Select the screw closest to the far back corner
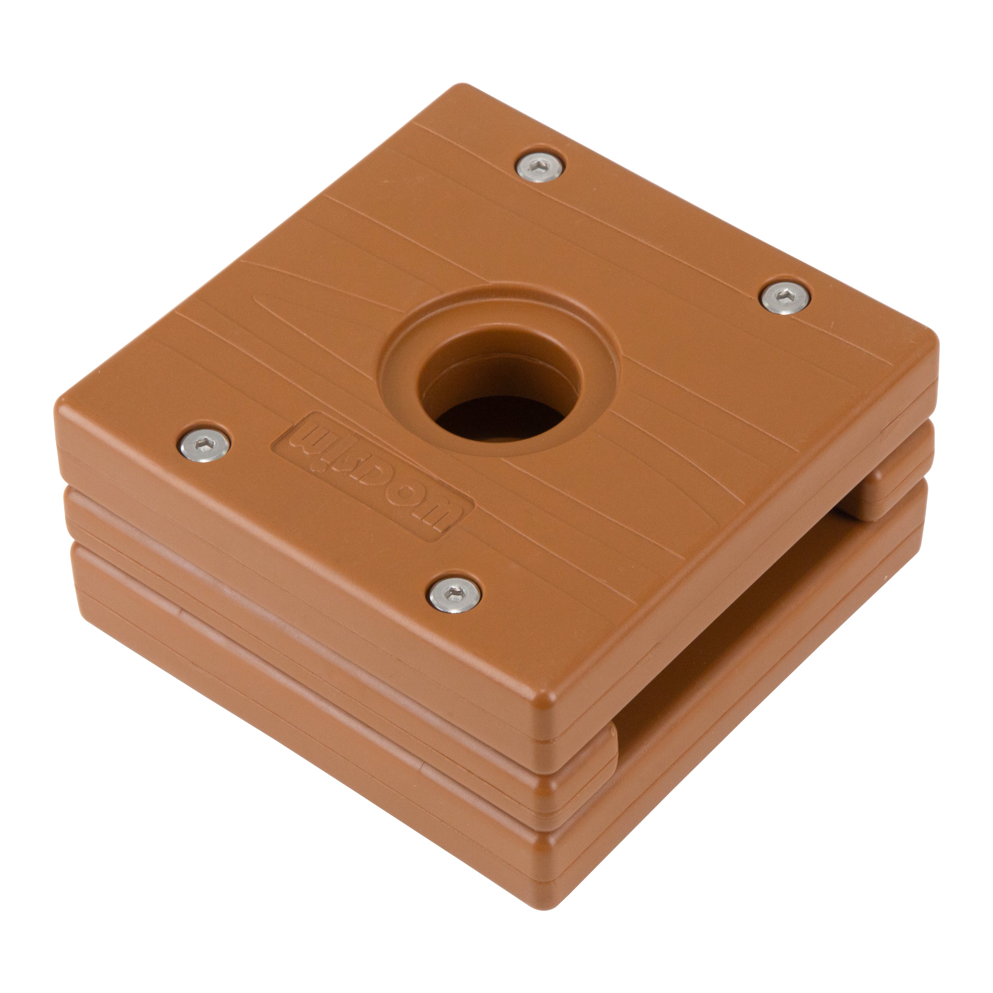tap(541, 169)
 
